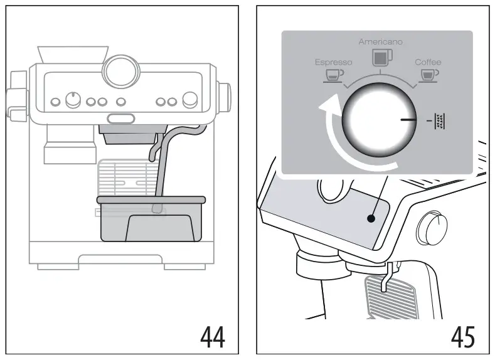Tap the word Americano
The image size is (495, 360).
pyautogui.click(x=381, y=42)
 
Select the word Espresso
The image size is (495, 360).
pyautogui.click(x=333, y=62)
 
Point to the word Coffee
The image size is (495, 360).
pyautogui.click(x=428, y=62)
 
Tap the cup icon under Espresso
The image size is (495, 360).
pyautogui.click(x=333, y=75)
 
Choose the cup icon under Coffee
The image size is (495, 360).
pyautogui.click(x=429, y=75)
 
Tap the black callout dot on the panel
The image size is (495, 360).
pyautogui.click(x=371, y=219)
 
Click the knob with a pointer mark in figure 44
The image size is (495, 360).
pyautogui.click(x=73, y=100)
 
